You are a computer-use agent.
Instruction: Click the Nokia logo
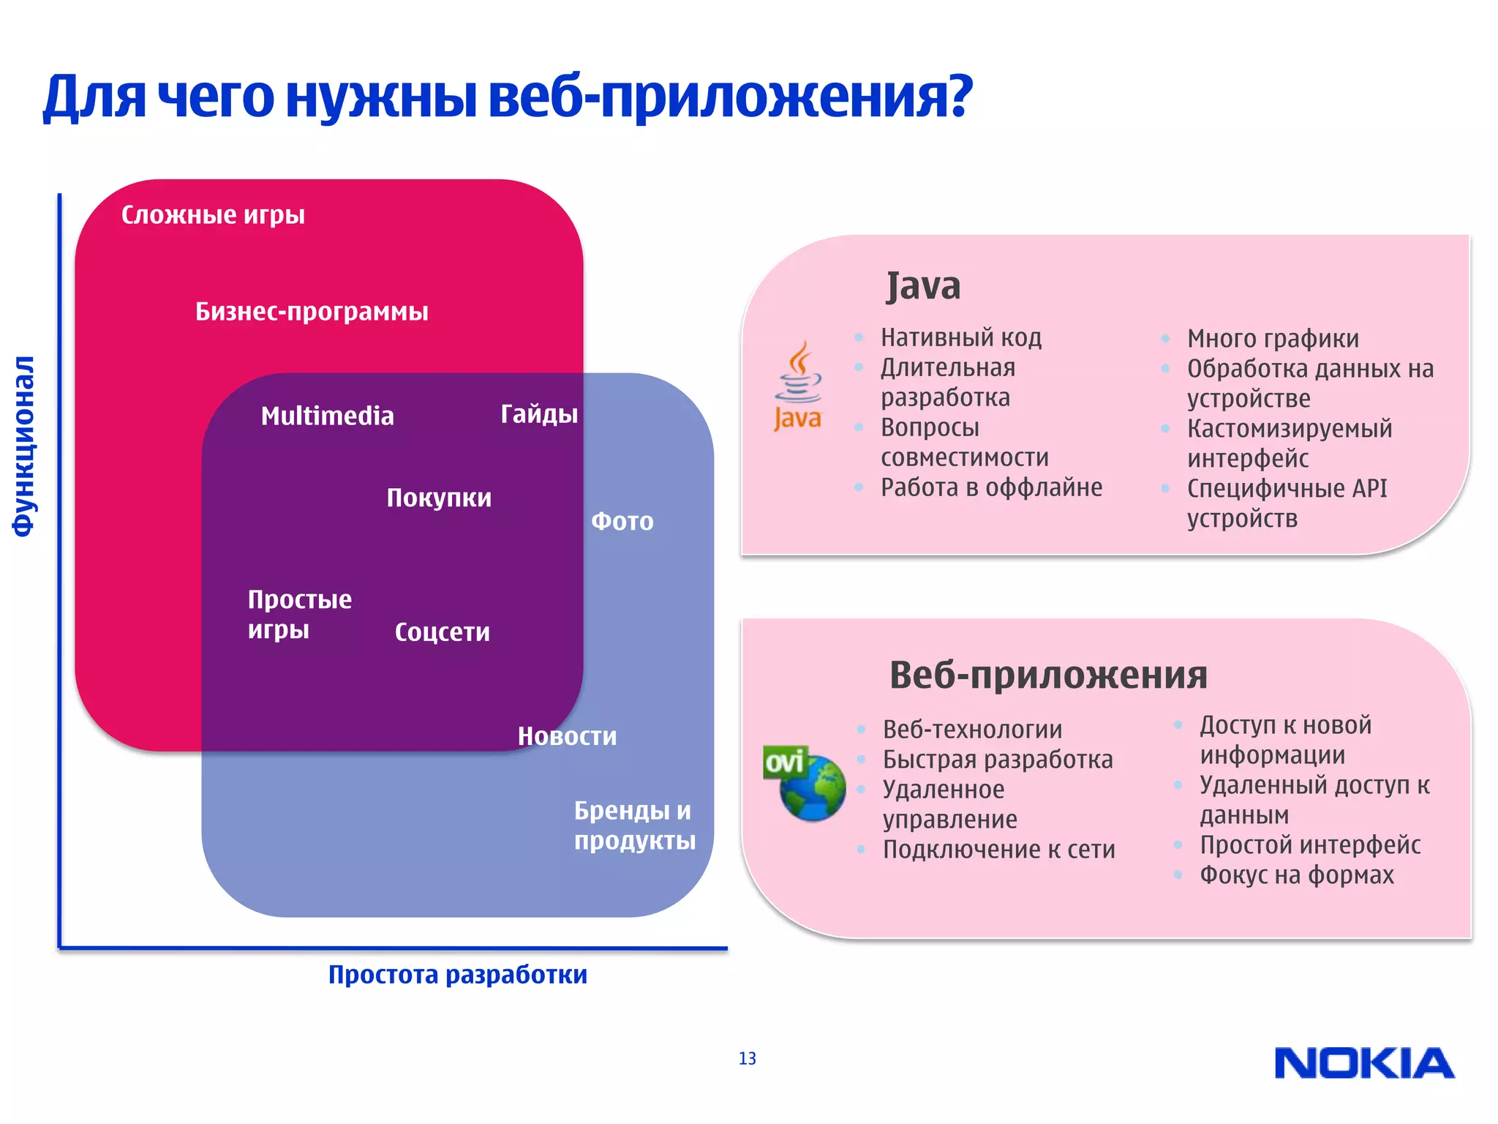click(x=1364, y=1063)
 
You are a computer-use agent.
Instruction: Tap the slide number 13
click(x=747, y=1058)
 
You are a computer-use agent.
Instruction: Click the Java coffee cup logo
click(x=798, y=386)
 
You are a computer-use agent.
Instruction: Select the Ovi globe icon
click(x=805, y=784)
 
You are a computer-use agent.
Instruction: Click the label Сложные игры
click(x=213, y=215)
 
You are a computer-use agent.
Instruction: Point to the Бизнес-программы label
click(x=312, y=312)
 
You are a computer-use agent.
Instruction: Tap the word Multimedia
click(x=327, y=416)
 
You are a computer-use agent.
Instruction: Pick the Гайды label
click(x=539, y=414)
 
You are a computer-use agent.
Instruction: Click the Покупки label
click(x=439, y=498)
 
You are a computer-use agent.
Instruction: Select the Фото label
click(x=622, y=521)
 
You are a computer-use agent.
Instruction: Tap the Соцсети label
click(x=442, y=632)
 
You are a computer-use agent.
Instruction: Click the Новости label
click(x=567, y=736)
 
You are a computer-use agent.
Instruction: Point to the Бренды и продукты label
click(x=634, y=825)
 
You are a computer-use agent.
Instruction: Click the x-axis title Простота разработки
click(x=457, y=975)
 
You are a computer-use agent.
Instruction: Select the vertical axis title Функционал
click(x=23, y=446)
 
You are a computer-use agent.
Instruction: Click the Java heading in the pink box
click(x=923, y=285)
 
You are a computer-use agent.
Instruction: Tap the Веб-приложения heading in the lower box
click(x=1048, y=675)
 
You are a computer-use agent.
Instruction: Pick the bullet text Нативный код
click(x=961, y=337)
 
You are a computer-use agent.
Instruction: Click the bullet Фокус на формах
click(x=1296, y=875)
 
